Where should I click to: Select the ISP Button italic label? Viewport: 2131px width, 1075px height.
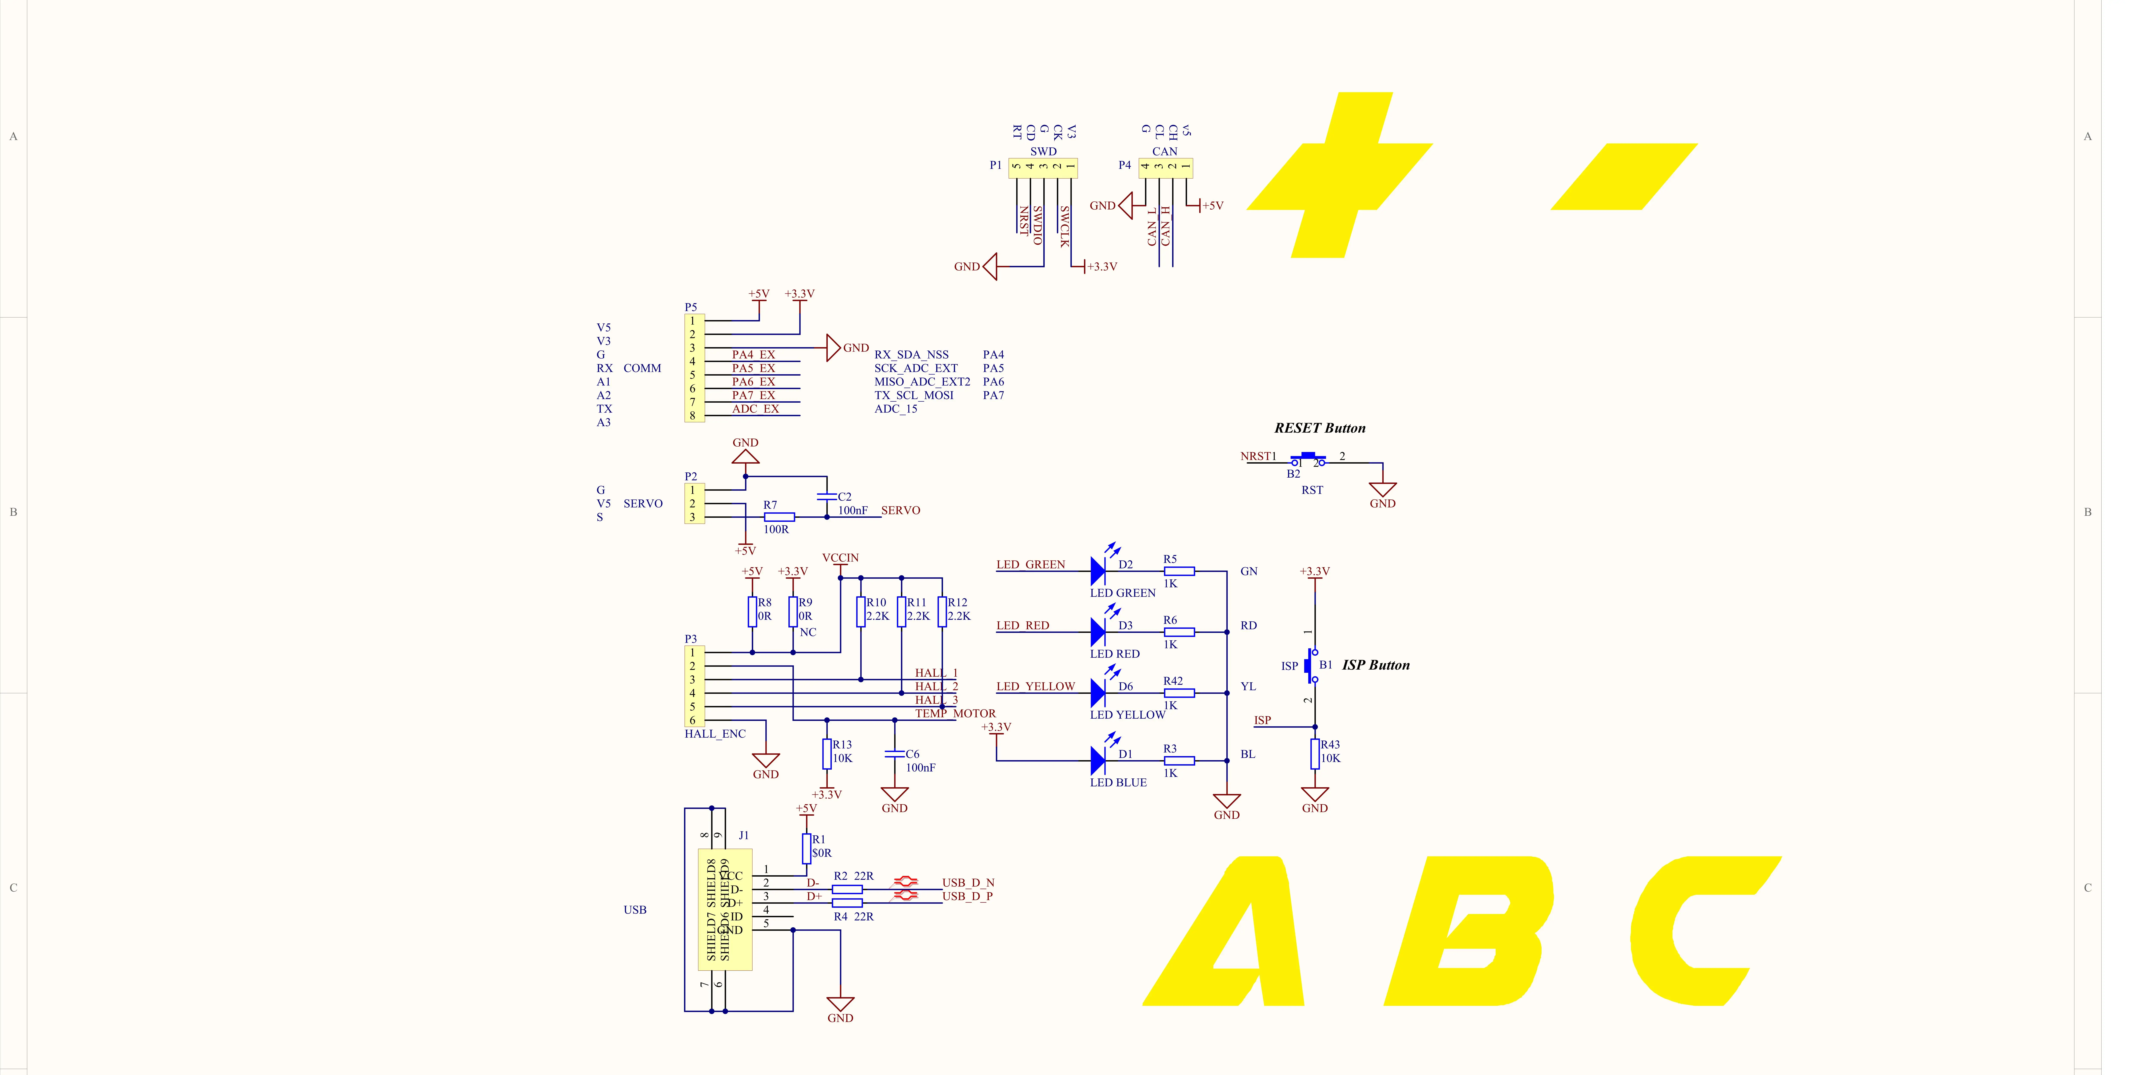pyautogui.click(x=1376, y=665)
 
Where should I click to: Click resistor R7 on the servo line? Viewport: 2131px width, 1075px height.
pyautogui.click(x=779, y=517)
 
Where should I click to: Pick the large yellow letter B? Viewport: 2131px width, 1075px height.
pyautogui.click(x=1468, y=930)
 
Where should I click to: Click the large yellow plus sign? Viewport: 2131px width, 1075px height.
pyautogui.click(x=1340, y=175)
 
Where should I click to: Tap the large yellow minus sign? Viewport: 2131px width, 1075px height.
pyautogui.click(x=1624, y=176)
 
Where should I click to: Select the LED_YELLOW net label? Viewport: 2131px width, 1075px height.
pyautogui.click(x=1035, y=686)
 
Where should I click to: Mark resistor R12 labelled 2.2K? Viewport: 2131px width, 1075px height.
pyautogui.click(x=942, y=612)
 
